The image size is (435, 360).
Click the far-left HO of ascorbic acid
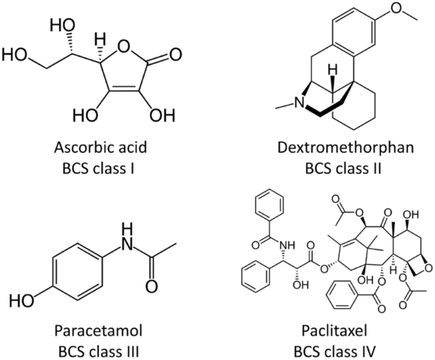click(15, 55)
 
